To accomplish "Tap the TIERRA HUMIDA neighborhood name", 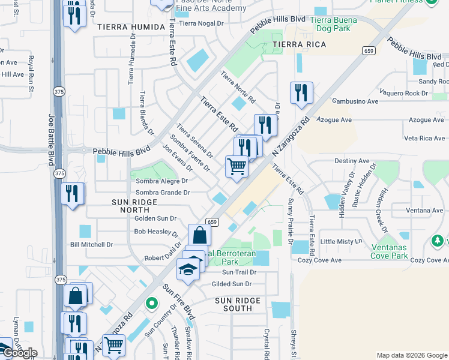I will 131,28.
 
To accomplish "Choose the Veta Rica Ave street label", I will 424,138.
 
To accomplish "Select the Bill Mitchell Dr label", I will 91,245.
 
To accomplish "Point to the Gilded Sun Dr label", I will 231,284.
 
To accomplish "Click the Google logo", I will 19,353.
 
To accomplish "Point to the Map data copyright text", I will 411,355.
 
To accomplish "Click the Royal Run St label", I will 29,75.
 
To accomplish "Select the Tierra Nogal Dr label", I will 204,23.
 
